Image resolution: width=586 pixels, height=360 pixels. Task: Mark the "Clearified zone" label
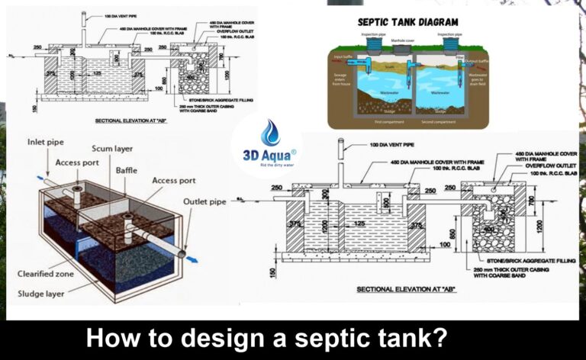coord(45,273)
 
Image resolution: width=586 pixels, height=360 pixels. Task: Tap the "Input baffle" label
coord(342,56)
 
